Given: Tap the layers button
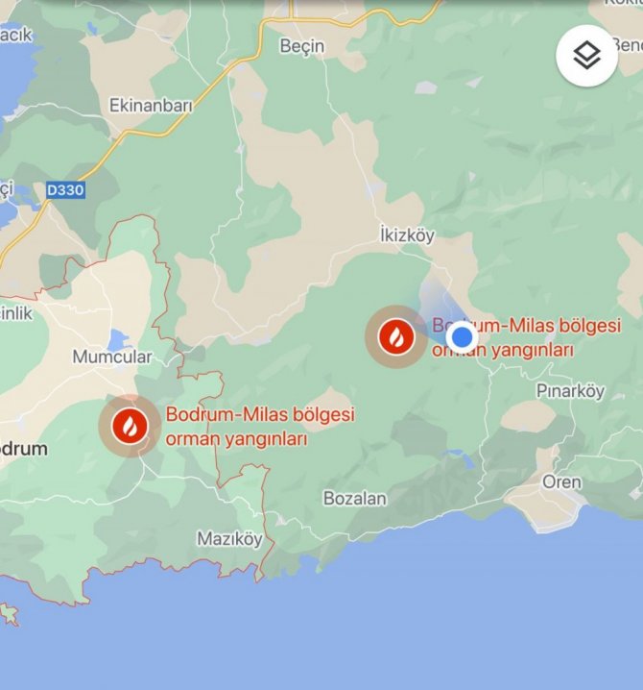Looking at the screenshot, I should pos(586,55).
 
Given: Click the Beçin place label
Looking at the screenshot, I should pos(301,46).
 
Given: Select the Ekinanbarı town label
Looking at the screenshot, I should pos(152,105).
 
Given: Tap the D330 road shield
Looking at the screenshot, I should pos(65,190).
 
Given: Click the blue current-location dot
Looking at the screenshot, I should pos(463,337).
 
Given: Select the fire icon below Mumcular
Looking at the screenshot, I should pos(130,425).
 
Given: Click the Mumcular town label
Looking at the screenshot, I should pos(112,357).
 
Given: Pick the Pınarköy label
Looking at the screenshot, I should pos(570,391).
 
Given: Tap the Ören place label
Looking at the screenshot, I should pos(561,481).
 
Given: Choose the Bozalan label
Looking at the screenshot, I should pos(355,499).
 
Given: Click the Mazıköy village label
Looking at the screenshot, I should pos(228,538).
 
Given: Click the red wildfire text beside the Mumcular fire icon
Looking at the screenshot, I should pos(260,427).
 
